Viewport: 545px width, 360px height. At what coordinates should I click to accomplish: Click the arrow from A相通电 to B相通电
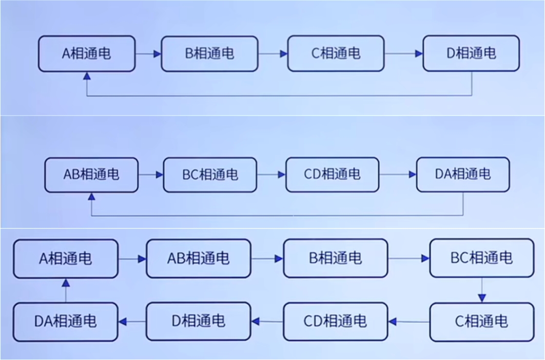click(148, 53)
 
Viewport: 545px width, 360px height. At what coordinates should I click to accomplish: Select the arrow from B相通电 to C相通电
click(272, 53)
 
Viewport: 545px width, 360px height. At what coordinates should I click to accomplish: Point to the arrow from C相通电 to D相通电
click(403, 53)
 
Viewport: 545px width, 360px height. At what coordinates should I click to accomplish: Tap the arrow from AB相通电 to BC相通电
click(151, 175)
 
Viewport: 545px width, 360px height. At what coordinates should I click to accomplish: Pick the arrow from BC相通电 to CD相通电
click(271, 175)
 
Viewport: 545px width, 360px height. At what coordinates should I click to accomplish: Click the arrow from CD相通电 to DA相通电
click(398, 175)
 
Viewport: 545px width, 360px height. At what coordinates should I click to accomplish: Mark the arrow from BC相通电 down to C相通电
click(481, 290)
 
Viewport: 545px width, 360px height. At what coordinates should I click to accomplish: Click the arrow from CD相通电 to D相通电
click(267, 322)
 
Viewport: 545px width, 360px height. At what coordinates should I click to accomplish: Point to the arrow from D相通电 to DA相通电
click(132, 322)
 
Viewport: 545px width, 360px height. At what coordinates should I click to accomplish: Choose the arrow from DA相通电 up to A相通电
click(66, 290)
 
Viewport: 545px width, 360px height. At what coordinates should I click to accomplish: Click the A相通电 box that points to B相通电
click(86, 53)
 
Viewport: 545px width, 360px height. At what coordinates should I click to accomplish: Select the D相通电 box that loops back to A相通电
click(471, 53)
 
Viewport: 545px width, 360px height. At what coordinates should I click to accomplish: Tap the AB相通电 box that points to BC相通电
click(91, 175)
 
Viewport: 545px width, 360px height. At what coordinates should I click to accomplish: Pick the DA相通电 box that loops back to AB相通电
click(463, 175)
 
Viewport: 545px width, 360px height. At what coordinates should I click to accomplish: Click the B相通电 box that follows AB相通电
click(336, 258)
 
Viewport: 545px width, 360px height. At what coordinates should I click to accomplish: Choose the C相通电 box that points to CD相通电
click(481, 322)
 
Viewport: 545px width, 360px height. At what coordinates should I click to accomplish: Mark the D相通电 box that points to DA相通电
click(198, 321)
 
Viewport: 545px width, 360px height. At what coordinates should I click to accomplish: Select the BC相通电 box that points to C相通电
click(481, 258)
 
